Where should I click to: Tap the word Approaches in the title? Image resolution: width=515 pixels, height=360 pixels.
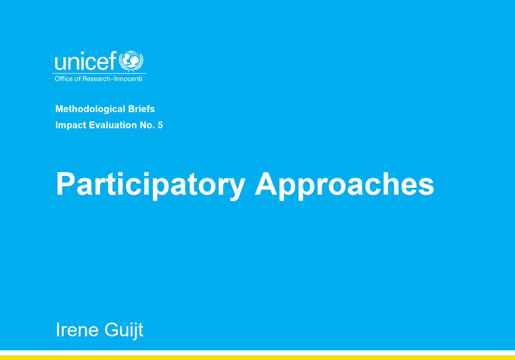pos(345,185)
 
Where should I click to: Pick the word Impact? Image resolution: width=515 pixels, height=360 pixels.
pos(68,126)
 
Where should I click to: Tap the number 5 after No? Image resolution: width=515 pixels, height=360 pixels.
pos(160,126)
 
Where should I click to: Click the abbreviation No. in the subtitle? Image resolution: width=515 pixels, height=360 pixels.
pos(148,126)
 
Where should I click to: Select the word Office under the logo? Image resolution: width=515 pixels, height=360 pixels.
pos(63,79)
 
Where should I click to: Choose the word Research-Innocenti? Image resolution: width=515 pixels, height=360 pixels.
pos(115,79)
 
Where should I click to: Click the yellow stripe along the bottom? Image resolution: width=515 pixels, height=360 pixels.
pos(257,357)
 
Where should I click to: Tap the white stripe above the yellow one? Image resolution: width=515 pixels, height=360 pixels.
pos(257,352)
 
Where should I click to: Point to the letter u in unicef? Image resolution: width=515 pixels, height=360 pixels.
pos(60,64)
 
